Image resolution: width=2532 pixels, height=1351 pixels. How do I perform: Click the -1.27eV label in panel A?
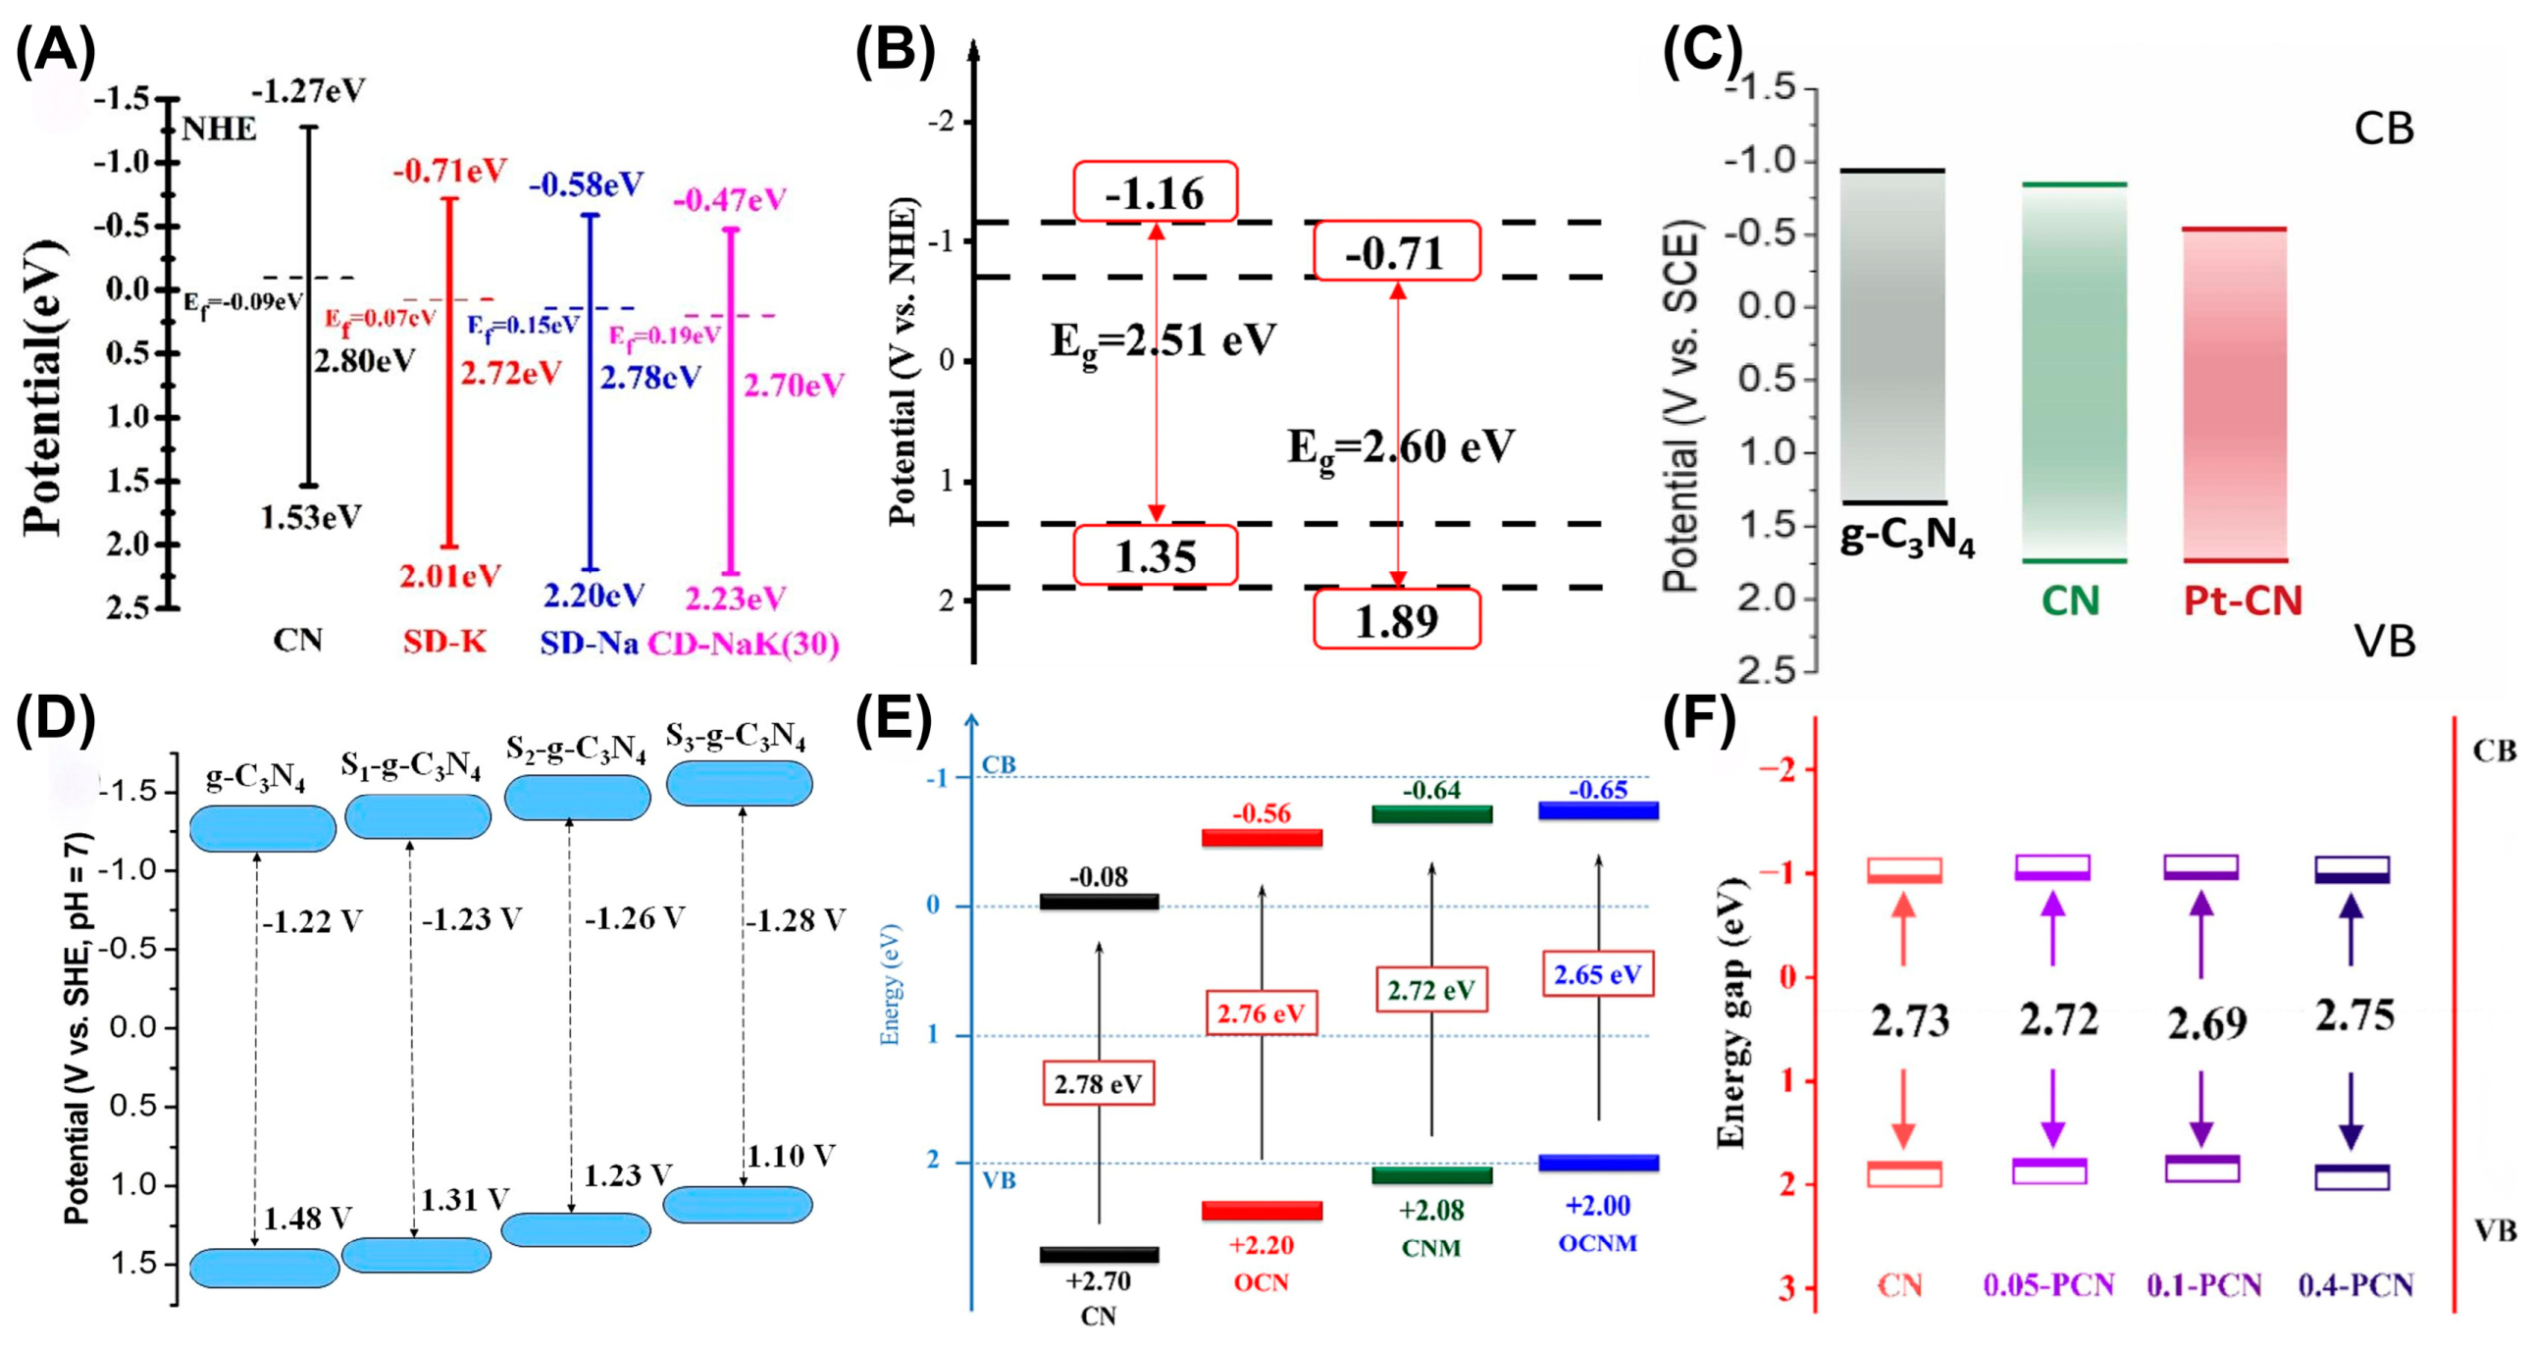(x=309, y=92)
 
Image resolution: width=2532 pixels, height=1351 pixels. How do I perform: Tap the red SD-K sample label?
(x=445, y=642)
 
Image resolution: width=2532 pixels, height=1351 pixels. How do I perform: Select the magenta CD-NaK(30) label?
(x=743, y=644)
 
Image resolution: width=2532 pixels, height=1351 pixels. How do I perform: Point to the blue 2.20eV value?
(x=594, y=595)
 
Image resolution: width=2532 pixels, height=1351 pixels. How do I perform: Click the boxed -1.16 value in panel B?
(x=1155, y=192)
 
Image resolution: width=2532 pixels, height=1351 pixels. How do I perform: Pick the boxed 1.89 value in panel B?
(x=1397, y=619)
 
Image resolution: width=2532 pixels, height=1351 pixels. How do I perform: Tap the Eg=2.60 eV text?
(x=1402, y=448)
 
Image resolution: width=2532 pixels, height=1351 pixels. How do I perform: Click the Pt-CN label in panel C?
(x=2242, y=600)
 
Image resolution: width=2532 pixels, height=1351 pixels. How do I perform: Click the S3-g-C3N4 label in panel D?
(x=735, y=737)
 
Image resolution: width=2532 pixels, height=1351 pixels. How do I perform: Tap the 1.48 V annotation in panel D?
(x=307, y=1219)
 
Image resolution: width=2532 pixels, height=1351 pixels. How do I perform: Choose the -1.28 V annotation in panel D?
(x=795, y=921)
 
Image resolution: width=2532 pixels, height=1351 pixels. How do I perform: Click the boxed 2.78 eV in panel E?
(x=1098, y=1084)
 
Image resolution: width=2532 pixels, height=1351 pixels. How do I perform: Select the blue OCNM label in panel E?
(x=1597, y=1243)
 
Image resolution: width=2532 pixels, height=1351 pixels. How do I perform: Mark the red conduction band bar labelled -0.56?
(x=1262, y=838)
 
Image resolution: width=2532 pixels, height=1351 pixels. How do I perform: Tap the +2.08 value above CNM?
(x=1431, y=1210)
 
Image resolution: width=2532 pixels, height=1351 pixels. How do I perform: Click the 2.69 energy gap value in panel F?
(x=2206, y=1024)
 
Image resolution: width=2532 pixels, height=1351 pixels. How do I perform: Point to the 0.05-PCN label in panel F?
(x=2048, y=1285)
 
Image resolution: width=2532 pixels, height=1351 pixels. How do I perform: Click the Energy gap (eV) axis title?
(x=1731, y=1013)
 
